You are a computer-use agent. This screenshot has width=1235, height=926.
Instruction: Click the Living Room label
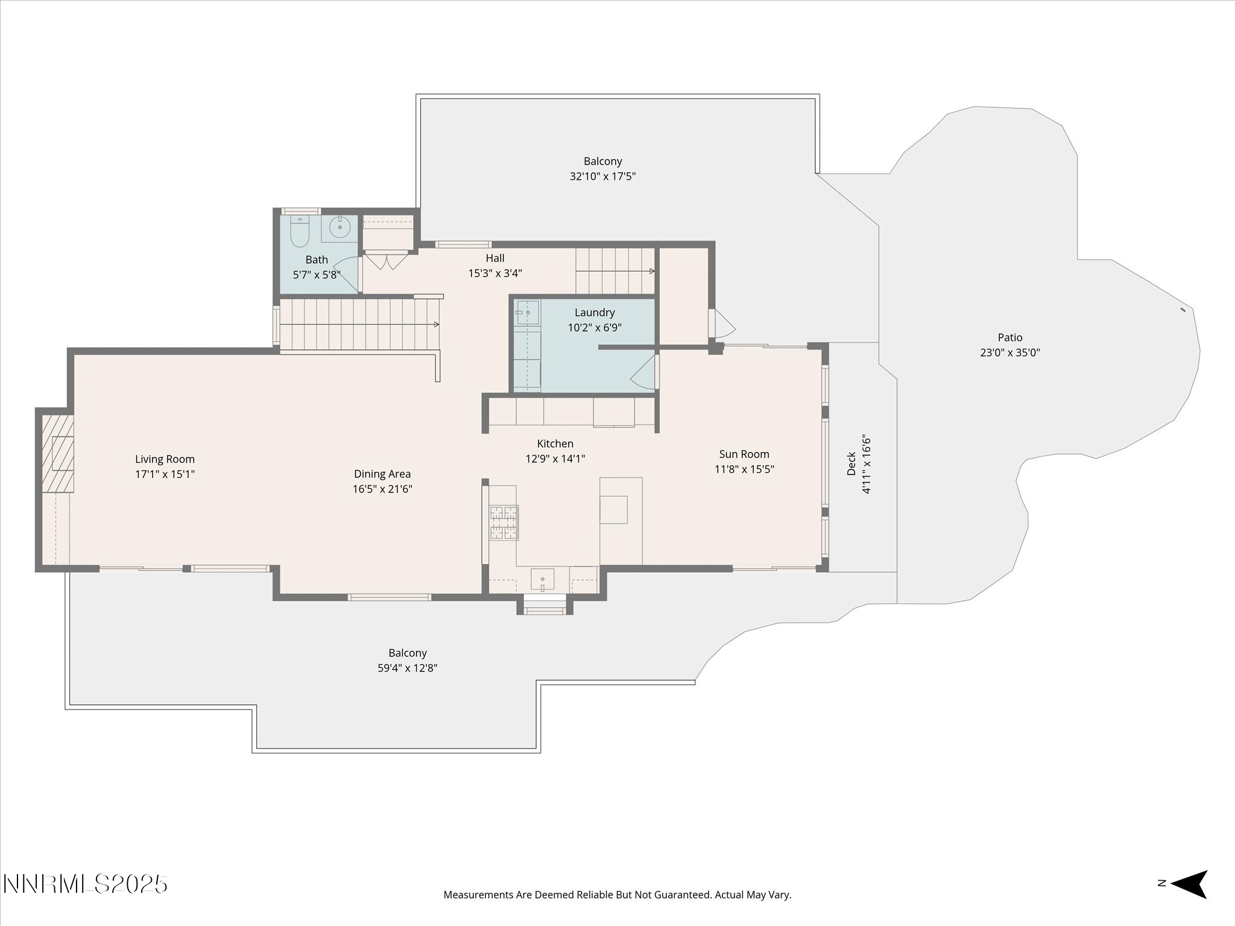pos(165,459)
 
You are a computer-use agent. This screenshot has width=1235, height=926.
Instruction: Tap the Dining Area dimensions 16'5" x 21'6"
pos(382,489)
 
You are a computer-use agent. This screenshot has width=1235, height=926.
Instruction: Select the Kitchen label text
pos(555,444)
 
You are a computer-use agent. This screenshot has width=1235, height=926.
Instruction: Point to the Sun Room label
pos(744,454)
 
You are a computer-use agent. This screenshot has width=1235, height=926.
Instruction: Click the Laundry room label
pos(595,312)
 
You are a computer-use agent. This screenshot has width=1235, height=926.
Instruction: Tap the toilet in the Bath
pos(299,231)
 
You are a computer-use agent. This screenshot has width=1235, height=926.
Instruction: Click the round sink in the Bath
pos(340,227)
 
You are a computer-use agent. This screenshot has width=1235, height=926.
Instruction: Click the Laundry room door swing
pos(643,371)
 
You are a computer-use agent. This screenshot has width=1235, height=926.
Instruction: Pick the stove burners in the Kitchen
pos(504,522)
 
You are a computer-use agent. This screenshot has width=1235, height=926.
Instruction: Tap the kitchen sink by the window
pos(543,578)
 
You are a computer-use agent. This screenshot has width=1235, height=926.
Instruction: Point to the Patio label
pos(1010,338)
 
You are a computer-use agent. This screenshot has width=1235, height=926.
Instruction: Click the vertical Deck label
pos(851,464)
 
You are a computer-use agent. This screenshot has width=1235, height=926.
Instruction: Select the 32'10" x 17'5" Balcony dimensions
pos(603,177)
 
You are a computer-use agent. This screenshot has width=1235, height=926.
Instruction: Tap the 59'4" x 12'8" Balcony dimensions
pos(408,668)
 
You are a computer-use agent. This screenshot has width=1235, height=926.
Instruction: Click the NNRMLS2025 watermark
pos(85,884)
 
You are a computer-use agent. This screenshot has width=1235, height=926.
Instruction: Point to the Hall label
pos(495,258)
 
